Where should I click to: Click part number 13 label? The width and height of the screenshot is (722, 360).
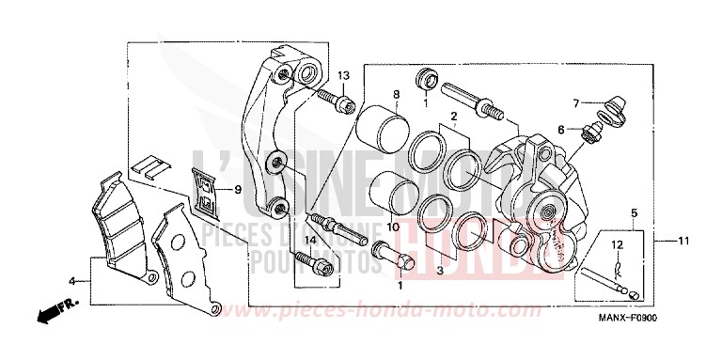coord(343,75)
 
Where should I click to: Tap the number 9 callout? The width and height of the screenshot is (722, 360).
coord(238,189)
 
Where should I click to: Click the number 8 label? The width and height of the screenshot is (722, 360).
coord(396,94)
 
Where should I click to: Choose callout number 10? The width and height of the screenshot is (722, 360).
coord(393,227)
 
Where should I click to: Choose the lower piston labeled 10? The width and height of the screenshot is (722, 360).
coord(384,195)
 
